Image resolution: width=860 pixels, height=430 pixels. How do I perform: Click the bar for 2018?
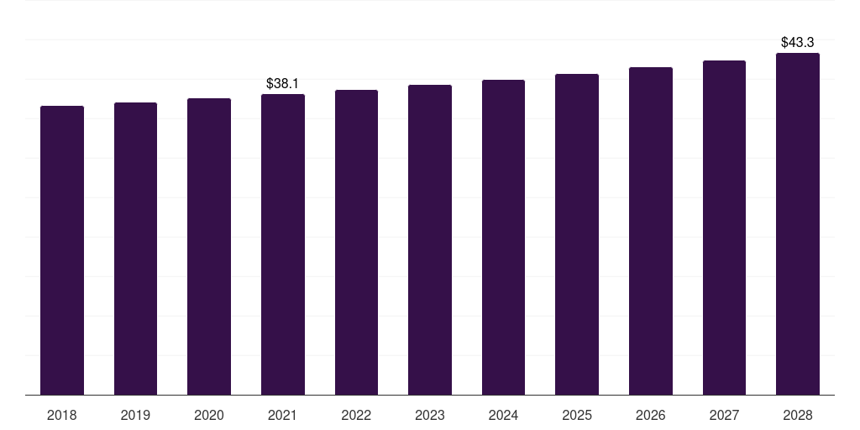tap(62, 250)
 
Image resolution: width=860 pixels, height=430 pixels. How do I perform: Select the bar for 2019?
tap(135, 249)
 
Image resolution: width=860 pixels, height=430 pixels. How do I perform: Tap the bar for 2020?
tap(209, 246)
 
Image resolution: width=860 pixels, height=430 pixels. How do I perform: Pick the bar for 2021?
tap(283, 244)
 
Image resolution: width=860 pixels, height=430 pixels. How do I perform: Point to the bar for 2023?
tap(430, 239)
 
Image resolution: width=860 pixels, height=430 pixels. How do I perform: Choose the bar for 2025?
tap(577, 234)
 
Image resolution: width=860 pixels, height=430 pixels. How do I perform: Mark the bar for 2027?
tap(724, 228)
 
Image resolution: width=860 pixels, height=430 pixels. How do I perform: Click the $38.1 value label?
tap(282, 84)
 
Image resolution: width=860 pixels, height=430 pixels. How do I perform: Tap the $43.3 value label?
tap(797, 42)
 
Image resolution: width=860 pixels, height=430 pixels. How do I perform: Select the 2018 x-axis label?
tap(62, 415)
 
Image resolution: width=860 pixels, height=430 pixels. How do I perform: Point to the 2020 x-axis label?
tap(209, 415)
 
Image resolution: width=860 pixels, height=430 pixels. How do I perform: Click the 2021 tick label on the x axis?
tap(283, 415)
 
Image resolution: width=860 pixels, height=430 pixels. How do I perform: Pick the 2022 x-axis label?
tap(356, 415)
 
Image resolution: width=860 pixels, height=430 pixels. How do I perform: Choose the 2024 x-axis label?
tap(503, 415)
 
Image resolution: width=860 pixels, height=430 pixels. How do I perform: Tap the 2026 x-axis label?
tap(651, 415)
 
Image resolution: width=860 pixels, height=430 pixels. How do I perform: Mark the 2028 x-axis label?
tap(798, 415)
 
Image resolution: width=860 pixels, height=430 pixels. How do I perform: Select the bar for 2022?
tap(356, 242)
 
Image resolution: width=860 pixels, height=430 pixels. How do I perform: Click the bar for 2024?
tap(503, 237)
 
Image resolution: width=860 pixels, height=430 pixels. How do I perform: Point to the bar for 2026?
tap(651, 231)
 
